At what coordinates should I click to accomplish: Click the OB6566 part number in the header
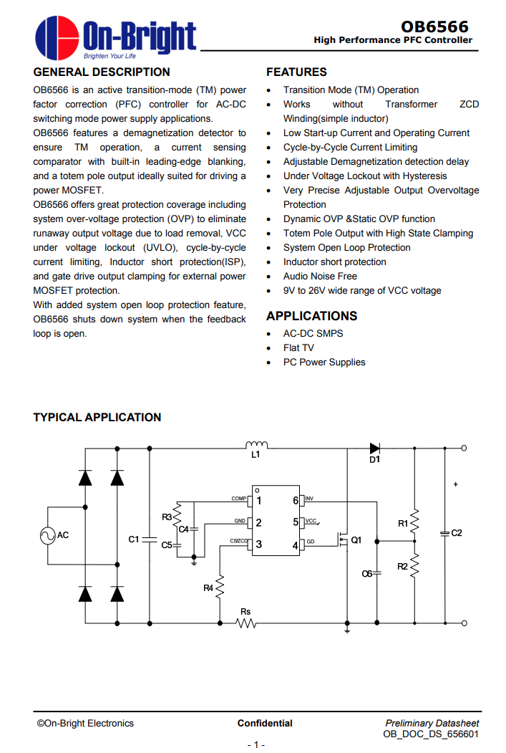(x=434, y=27)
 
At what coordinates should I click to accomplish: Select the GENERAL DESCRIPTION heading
(x=102, y=72)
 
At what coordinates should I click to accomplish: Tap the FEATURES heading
(x=296, y=72)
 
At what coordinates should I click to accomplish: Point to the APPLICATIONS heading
(x=311, y=316)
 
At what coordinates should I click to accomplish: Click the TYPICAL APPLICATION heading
(x=97, y=417)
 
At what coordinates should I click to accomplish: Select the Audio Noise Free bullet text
(x=320, y=276)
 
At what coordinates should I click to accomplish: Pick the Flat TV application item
(x=298, y=347)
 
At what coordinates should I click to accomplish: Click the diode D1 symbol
(x=374, y=448)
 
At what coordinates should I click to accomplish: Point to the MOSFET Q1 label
(x=356, y=539)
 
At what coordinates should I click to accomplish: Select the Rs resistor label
(x=245, y=611)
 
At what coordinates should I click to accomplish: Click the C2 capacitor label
(x=457, y=533)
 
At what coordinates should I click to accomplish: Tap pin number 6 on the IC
(x=296, y=500)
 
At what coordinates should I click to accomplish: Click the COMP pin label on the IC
(x=238, y=499)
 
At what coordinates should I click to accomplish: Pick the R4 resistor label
(x=208, y=587)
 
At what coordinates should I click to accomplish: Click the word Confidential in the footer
(x=265, y=723)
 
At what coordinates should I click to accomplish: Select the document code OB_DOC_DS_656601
(x=431, y=734)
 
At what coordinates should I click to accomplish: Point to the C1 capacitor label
(x=134, y=539)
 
